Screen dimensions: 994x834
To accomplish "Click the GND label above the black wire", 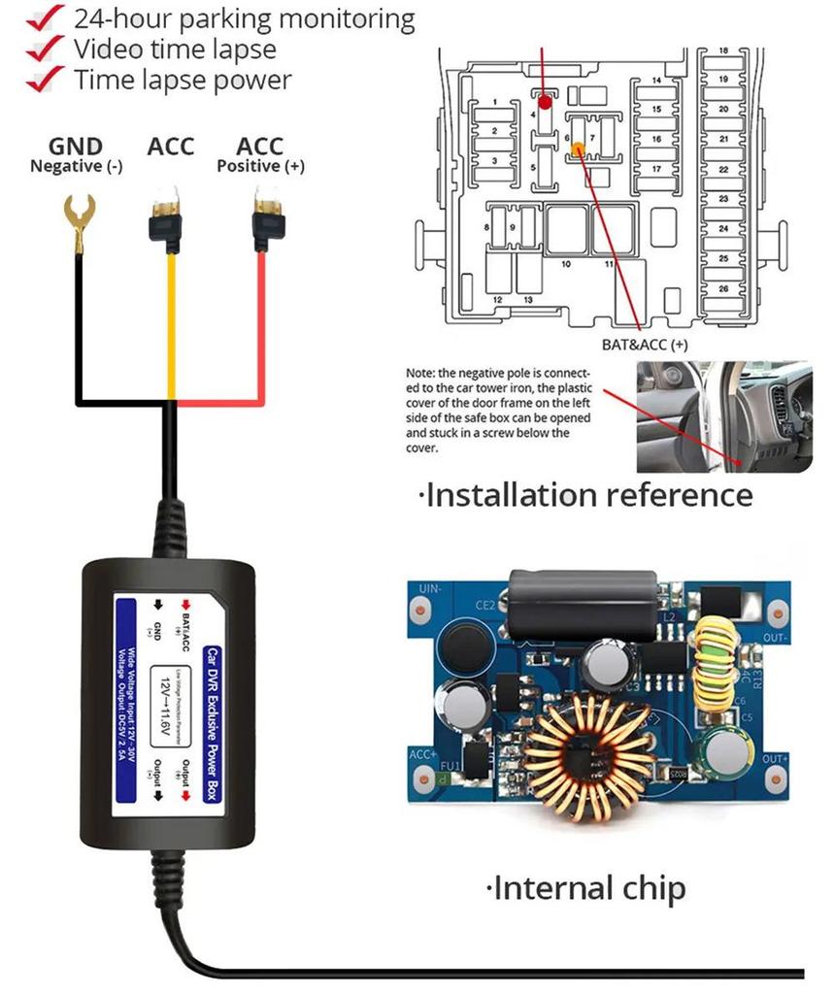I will [76, 147].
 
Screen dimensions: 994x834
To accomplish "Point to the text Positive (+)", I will [260, 166].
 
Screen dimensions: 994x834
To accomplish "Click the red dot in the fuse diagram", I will [546, 101].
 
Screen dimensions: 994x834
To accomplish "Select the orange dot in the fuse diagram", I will [578, 149].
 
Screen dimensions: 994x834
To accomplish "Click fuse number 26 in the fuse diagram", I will [723, 289].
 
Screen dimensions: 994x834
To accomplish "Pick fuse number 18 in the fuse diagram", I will [723, 50].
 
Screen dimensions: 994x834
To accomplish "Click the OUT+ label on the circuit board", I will [775, 758].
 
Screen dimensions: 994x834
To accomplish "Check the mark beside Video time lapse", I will [40, 50].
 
